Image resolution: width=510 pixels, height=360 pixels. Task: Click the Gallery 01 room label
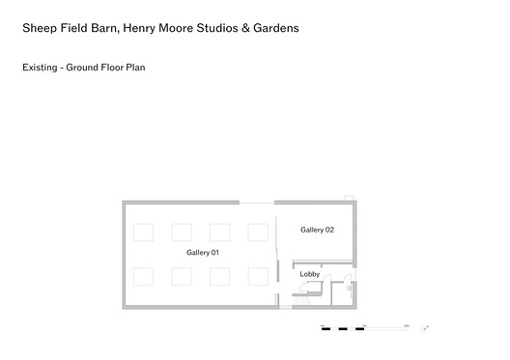pos(204,252)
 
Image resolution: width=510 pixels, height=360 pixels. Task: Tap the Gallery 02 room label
pos(317,230)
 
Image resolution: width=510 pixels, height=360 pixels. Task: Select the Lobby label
pos(309,274)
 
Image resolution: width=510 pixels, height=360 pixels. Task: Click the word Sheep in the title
pos(40,28)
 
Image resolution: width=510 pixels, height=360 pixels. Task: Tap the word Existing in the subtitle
pos(41,69)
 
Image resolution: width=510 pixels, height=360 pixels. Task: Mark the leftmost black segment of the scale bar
pos(326,329)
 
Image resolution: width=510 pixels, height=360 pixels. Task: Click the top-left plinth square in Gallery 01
pos(143,232)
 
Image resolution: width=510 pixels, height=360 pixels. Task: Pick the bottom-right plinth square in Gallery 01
pos(258,276)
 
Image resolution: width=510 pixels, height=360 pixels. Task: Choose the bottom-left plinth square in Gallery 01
pos(143,276)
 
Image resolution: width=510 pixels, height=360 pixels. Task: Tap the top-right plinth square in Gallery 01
pos(258,232)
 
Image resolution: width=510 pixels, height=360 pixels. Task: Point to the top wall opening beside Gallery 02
pos(257,202)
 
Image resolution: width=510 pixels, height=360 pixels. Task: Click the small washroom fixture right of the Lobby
pos(349,287)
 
